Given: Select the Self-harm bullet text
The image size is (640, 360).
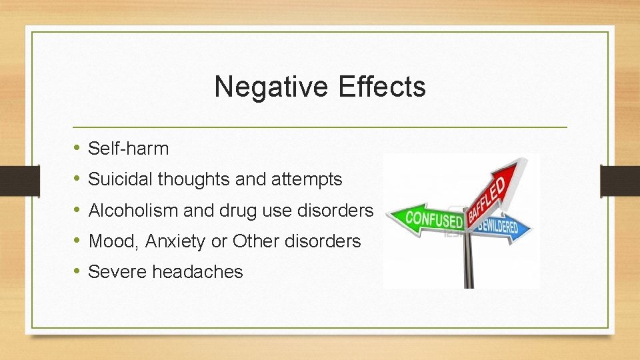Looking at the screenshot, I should pyautogui.click(x=128, y=149).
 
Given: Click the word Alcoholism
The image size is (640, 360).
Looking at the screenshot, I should pyautogui.click(x=133, y=211).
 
